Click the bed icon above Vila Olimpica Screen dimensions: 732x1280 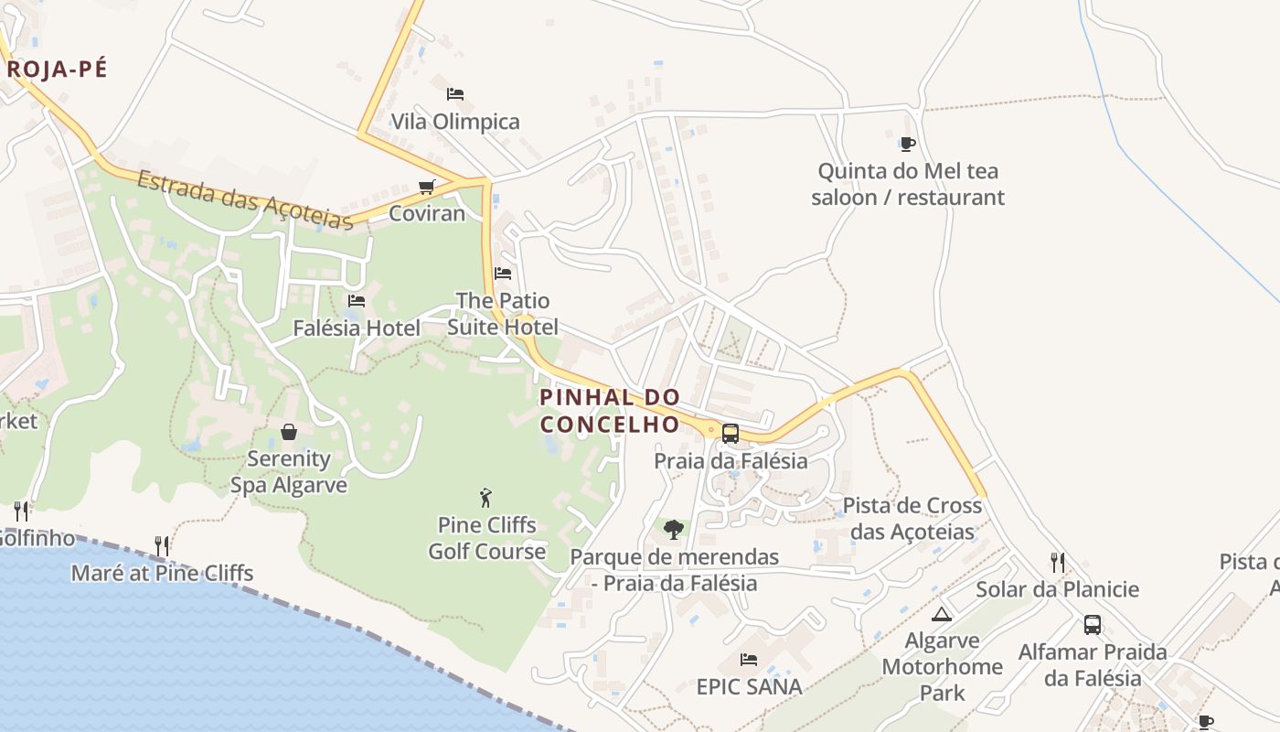point(455,93)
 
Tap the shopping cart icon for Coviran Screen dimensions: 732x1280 point(426,188)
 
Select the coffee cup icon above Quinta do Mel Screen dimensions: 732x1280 point(907,143)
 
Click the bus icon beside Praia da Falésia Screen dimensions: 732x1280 point(730,433)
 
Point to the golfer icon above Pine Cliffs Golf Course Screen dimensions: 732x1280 point(485,498)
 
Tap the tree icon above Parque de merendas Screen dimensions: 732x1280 point(674,529)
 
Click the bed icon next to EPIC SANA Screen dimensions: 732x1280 point(749,659)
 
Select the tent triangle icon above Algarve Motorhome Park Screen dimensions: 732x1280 point(942,613)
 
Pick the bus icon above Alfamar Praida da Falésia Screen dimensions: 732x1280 point(1093,625)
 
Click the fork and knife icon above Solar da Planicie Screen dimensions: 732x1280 point(1058,562)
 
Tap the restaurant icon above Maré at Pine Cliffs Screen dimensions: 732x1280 point(162,546)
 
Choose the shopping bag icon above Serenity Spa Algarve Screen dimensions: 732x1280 point(289,431)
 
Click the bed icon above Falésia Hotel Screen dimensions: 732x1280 point(357,300)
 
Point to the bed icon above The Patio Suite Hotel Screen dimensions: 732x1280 point(503,273)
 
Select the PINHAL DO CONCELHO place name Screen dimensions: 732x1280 point(610,411)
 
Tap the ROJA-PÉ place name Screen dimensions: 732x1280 point(57,69)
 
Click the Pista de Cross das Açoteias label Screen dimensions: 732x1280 point(912,518)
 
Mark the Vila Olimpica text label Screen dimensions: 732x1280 point(455,122)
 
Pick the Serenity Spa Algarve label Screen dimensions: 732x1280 point(289,471)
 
